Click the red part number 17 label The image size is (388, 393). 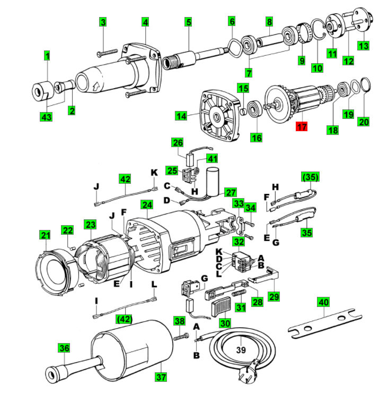(x=302, y=127)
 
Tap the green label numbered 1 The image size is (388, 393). (x=47, y=55)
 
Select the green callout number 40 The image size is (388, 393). (x=323, y=302)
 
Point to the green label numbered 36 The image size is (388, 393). (x=64, y=348)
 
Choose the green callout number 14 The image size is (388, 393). (x=181, y=115)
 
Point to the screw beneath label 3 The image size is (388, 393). (x=108, y=52)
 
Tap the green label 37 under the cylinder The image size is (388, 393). (x=161, y=377)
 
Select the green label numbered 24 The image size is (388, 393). (x=146, y=204)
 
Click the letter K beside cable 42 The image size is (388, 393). (x=154, y=173)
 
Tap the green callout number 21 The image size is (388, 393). (x=46, y=235)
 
